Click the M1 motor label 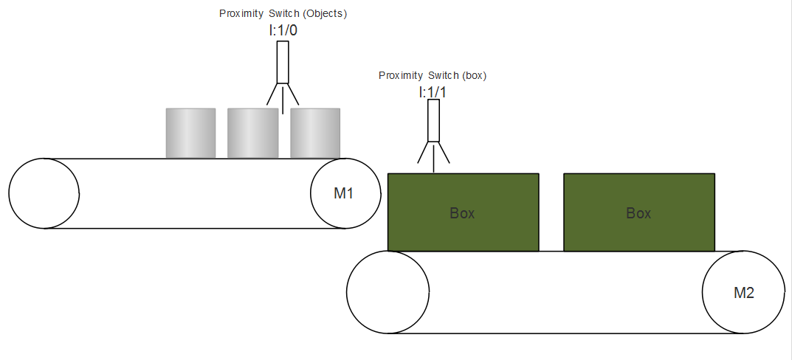coord(343,193)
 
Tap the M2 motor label coord(743,293)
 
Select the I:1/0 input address coord(283,31)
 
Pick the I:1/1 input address coord(432,93)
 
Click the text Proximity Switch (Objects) coord(283,13)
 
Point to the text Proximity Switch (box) coord(433,76)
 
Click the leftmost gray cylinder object coord(191,133)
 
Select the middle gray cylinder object coord(252,133)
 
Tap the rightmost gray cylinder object coord(315,133)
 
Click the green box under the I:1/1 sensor coord(464,212)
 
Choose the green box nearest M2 coord(639,212)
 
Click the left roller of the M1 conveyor coord(44,193)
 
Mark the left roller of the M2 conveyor coord(388,292)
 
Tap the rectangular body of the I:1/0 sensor coord(283,62)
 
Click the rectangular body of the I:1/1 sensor coord(433,120)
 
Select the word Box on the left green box coord(462,213)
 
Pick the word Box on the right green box coord(638,213)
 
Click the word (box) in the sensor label coord(474,76)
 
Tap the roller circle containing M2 coord(743,292)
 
